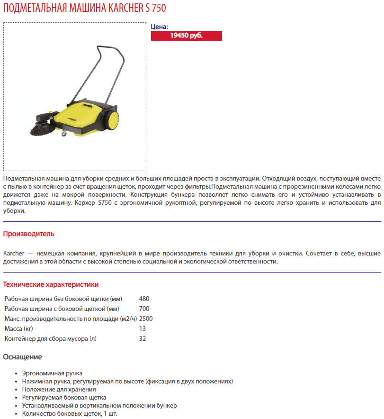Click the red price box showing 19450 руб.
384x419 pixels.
[186, 36]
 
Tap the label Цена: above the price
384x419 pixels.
[160, 27]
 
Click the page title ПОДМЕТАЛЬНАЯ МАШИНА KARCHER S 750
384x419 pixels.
[85, 9]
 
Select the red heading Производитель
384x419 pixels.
[29, 234]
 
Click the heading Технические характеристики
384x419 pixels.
[51, 284]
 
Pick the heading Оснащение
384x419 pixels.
[23, 357]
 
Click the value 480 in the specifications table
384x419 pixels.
[144, 299]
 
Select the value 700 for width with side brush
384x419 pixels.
[144, 309]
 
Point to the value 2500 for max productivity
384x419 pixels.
[146, 319]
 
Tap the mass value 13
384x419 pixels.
[143, 328]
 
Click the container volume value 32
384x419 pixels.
[143, 338]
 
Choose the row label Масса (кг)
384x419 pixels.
[18, 328]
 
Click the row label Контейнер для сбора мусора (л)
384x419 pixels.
[53, 338]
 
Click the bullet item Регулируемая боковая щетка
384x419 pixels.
[64, 397]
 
